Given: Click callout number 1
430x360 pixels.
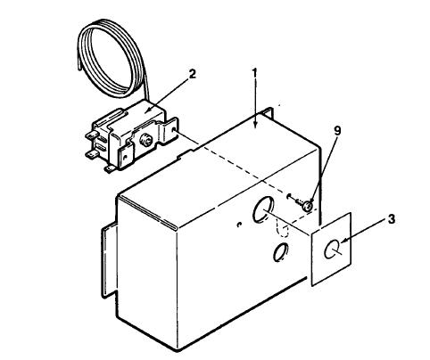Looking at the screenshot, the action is tap(254, 72).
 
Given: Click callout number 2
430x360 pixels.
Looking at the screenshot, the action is tap(193, 74).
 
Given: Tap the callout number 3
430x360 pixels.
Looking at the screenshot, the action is tap(392, 219).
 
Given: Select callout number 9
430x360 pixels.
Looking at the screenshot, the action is tap(337, 132).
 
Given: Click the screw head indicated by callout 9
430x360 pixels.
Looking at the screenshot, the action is tap(308, 206).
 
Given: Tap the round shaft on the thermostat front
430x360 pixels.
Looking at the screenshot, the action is tap(145, 140).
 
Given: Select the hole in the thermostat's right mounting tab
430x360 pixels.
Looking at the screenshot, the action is tap(173, 130).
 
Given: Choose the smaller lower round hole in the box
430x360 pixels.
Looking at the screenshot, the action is tap(280, 253).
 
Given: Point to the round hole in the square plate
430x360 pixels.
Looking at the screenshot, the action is tap(331, 249).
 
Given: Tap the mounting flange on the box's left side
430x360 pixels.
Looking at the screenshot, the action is tap(109, 260).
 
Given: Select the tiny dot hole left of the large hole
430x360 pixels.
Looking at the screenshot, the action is tap(238, 225).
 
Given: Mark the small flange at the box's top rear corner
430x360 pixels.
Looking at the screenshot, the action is tap(269, 112).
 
